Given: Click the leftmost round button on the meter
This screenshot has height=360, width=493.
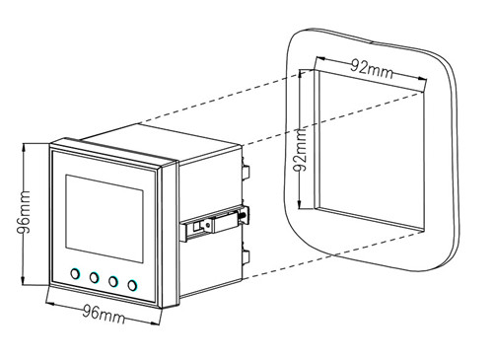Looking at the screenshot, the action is tap(75, 273).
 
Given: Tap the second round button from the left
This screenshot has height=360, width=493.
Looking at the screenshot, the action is tap(95, 277).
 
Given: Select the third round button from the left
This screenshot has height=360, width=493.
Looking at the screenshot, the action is tap(113, 281).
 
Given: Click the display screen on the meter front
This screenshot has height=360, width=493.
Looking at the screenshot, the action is tap(105, 219).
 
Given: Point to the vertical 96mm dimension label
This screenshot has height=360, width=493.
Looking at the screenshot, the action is tap(24, 212).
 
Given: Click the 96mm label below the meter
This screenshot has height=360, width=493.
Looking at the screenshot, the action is tap(104, 315).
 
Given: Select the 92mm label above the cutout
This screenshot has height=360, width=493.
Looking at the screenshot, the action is tap(372, 69).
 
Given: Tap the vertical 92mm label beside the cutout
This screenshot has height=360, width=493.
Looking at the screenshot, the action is tap(300, 150).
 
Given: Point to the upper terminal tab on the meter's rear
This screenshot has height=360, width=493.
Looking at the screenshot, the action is tap(246, 172).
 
